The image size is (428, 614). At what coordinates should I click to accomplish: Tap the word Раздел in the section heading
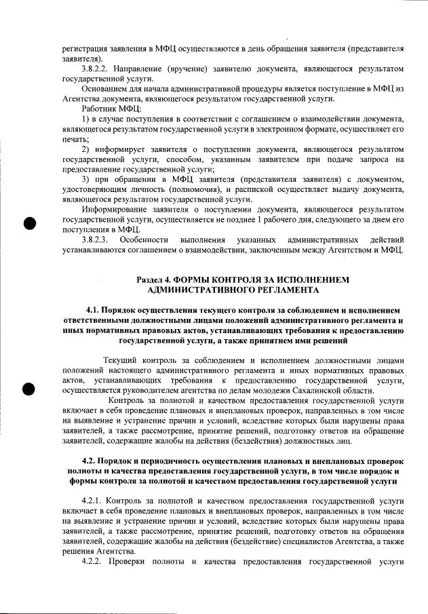click(x=151, y=279)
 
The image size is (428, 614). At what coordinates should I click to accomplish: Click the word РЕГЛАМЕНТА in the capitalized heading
click(x=279, y=290)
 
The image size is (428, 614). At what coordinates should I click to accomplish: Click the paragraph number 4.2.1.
click(x=94, y=499)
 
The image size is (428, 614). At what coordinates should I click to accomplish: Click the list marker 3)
click(x=85, y=178)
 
